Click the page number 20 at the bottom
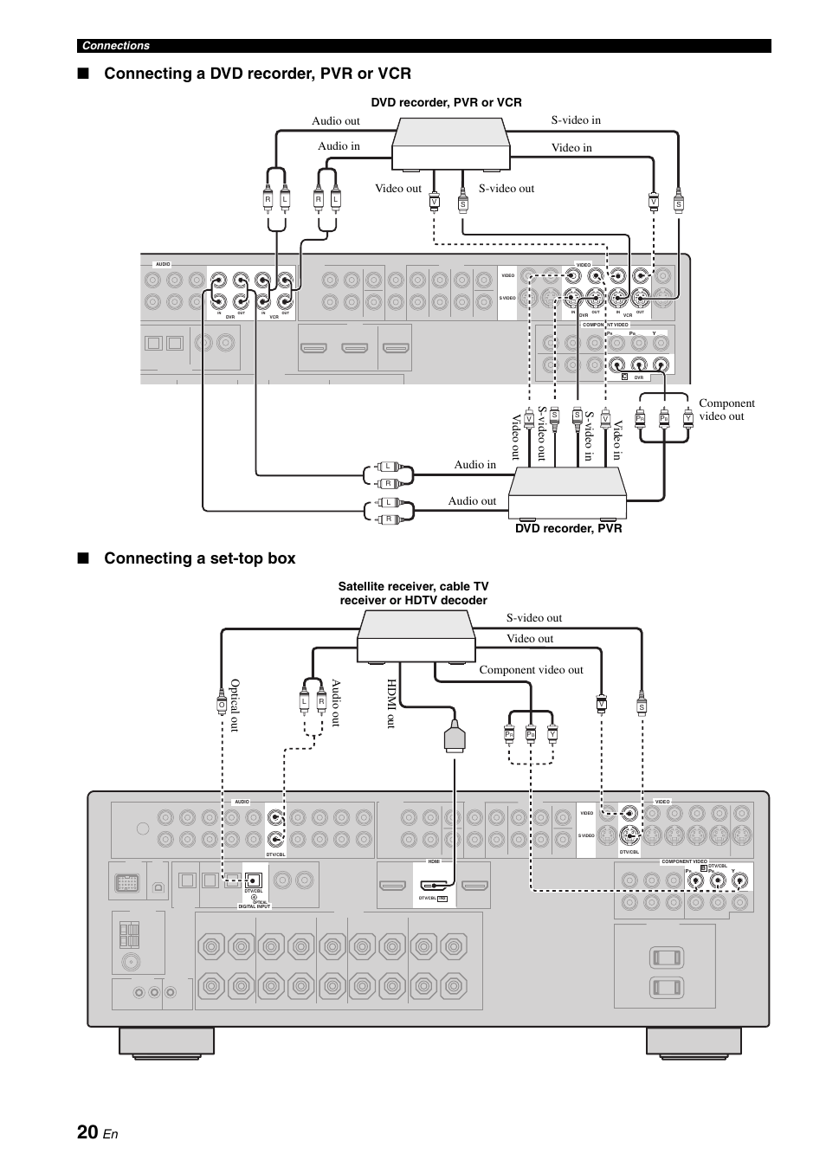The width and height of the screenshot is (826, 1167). click(87, 1132)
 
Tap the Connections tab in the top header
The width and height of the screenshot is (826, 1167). click(116, 46)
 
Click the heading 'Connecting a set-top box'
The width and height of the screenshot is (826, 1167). click(199, 558)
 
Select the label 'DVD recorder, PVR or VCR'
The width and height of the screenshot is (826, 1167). click(446, 102)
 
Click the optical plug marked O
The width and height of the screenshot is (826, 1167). click(222, 706)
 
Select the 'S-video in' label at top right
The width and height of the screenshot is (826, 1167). click(576, 120)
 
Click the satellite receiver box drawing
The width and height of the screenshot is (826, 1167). click(416, 635)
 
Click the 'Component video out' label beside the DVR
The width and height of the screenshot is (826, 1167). click(726, 409)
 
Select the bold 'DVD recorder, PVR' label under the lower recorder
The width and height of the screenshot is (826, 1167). click(566, 528)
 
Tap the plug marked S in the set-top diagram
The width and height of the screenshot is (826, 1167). click(642, 706)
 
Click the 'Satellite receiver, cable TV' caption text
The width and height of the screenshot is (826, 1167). click(413, 587)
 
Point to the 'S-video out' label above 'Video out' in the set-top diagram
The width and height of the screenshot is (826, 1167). click(534, 617)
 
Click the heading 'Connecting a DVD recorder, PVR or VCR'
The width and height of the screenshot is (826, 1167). click(257, 74)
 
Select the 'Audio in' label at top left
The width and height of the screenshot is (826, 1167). click(339, 145)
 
